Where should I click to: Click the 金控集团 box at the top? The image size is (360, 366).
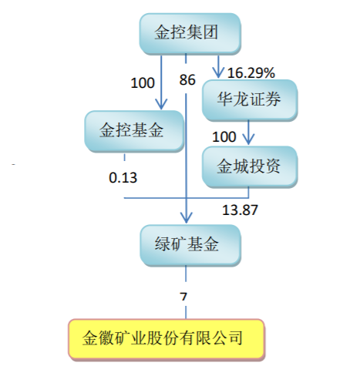(x=190, y=34)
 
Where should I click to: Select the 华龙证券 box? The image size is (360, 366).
(x=250, y=100)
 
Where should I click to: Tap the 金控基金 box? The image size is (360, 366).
(x=134, y=131)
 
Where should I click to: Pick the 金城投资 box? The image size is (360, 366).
(x=250, y=166)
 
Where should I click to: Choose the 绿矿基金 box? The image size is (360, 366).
(x=190, y=245)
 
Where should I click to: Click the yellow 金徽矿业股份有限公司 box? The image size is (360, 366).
(x=167, y=338)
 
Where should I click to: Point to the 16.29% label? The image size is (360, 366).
(x=251, y=72)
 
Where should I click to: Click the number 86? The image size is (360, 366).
(x=187, y=79)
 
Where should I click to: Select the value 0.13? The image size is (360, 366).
(x=123, y=177)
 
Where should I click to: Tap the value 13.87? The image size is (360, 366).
(x=240, y=210)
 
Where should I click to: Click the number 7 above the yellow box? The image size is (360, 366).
(x=183, y=297)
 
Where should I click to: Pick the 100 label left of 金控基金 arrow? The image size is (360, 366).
(x=143, y=83)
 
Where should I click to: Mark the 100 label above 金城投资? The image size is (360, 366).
(x=224, y=136)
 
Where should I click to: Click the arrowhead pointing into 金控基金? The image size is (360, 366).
(x=161, y=105)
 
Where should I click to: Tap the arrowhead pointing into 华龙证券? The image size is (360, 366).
(x=218, y=73)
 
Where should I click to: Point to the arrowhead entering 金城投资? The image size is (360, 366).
(x=248, y=139)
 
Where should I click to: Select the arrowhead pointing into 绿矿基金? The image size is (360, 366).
(x=187, y=218)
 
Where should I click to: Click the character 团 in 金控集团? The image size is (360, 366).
(x=210, y=32)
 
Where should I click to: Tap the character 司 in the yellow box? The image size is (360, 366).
(x=234, y=338)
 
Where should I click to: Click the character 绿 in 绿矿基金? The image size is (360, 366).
(x=163, y=244)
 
